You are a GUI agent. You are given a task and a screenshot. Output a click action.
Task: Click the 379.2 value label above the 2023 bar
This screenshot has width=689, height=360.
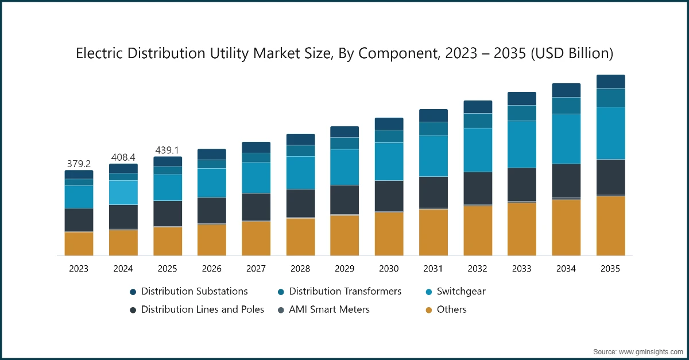(79, 163)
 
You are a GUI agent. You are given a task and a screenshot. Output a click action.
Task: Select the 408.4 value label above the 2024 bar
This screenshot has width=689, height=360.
(123, 157)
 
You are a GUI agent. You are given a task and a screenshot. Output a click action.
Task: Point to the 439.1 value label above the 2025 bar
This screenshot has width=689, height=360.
(167, 150)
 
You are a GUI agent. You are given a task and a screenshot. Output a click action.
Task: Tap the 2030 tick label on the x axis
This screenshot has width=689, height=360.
(389, 269)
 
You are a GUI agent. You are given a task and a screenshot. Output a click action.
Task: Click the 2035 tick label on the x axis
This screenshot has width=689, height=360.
(610, 269)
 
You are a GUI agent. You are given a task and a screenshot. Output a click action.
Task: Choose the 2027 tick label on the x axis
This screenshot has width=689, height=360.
(256, 269)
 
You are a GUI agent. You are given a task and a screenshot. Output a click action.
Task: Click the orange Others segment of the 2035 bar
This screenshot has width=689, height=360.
(610, 226)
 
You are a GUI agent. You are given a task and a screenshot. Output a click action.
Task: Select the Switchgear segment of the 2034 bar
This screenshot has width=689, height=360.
(566, 139)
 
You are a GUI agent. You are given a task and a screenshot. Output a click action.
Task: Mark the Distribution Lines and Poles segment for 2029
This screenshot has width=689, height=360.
(344, 200)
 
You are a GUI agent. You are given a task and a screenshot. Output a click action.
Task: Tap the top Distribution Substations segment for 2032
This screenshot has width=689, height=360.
(478, 107)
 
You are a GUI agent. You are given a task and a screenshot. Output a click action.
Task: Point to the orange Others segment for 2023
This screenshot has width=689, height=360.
(79, 243)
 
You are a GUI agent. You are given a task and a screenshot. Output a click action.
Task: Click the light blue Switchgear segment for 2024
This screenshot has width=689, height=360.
(123, 192)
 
